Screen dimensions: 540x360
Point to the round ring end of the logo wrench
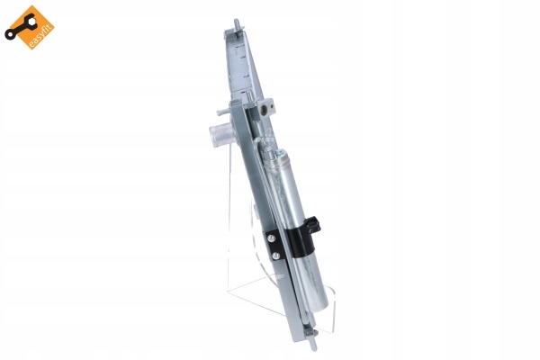pyautogui.click(x=9, y=35)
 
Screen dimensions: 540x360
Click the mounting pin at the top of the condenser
pyautogui.click(x=238, y=25)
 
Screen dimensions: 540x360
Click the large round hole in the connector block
pyautogui.click(x=264, y=109)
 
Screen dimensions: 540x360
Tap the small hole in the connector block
pyautogui.click(x=272, y=106)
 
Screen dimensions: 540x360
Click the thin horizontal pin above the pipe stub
pyautogui.click(x=223, y=112)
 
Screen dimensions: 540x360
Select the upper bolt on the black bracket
pyautogui.click(x=272, y=238)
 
